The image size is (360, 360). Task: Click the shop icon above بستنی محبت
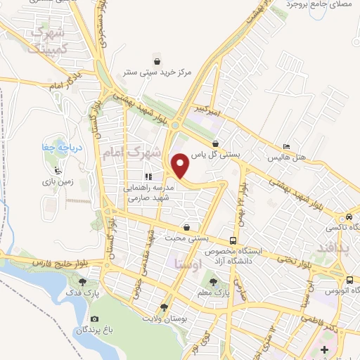click(x=186, y=227)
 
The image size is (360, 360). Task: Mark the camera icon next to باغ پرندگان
click(x=75, y=319)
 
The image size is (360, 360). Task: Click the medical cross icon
click(x=323, y=350)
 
